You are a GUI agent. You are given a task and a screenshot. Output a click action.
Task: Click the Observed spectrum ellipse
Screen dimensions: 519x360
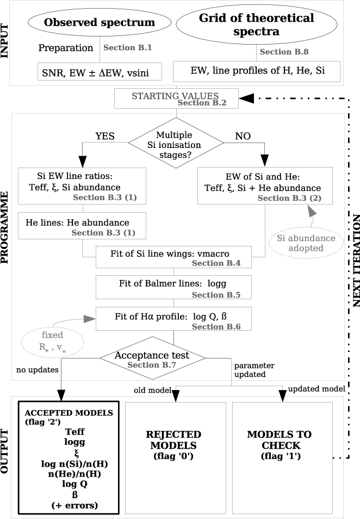pyautogui.click(x=99, y=23)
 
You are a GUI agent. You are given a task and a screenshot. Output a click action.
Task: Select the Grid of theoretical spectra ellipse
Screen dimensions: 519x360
pyautogui.click(x=257, y=25)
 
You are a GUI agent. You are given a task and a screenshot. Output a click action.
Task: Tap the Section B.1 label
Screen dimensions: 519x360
pyautogui.click(x=127, y=48)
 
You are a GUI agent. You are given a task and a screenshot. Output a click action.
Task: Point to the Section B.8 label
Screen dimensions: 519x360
pyautogui.click(x=284, y=52)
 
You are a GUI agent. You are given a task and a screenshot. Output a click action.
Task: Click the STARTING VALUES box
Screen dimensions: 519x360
pyautogui.click(x=176, y=98)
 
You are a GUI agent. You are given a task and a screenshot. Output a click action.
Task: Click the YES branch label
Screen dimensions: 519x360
pyautogui.click(x=105, y=136)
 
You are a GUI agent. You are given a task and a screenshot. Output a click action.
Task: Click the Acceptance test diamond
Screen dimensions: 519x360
pyautogui.click(x=152, y=357)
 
